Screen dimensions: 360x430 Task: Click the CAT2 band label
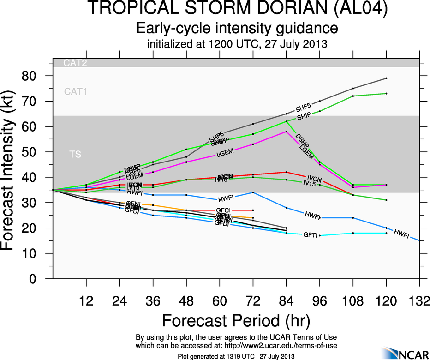pos(75,63)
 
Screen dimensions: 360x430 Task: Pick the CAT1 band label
pos(75,91)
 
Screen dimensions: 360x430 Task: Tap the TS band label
pos(75,155)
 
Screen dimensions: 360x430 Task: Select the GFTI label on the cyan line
pos(310,235)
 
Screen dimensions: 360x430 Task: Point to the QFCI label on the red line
pos(223,210)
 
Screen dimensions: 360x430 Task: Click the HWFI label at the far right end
pos(401,234)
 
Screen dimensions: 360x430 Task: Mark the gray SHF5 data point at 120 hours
pos(386,78)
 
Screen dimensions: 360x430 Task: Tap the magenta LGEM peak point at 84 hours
pos(286,132)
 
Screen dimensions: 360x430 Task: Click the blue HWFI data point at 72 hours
pos(253,192)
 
